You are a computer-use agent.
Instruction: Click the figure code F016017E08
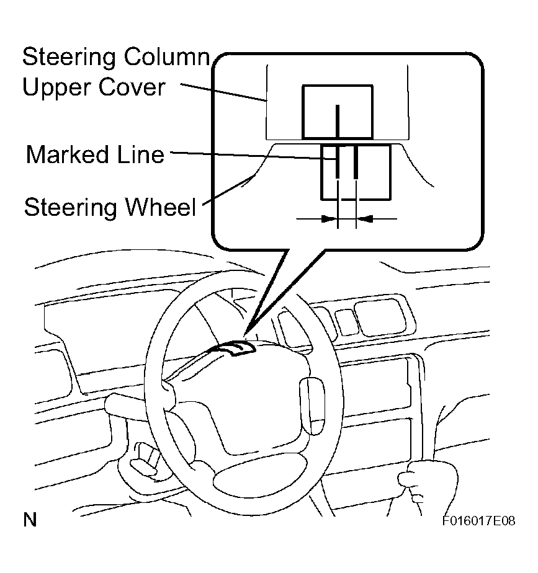478,520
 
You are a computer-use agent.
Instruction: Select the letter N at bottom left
29,520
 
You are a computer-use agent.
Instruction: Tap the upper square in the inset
337,112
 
